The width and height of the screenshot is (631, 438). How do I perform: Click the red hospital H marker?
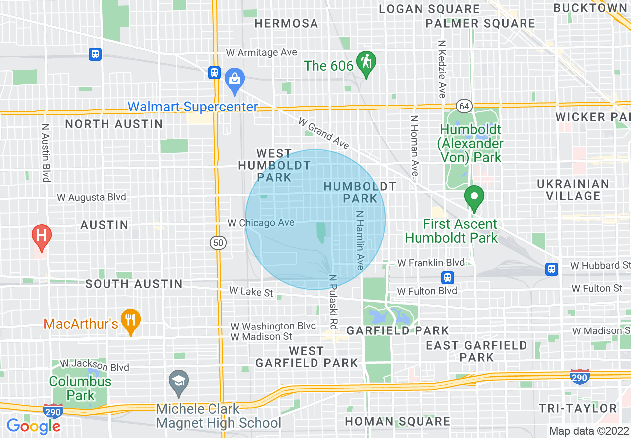coord(42,237)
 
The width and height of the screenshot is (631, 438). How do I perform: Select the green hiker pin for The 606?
coord(367,64)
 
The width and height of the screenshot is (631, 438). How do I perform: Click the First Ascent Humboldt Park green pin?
coord(474,197)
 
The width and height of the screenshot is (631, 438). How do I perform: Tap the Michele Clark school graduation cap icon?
coord(178,381)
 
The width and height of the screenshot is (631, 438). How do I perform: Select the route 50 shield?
coord(218,243)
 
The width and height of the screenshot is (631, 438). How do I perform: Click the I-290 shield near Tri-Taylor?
coord(580,377)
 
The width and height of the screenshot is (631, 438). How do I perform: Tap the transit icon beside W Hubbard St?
coord(551,269)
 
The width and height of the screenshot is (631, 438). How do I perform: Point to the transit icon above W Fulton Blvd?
coord(448,277)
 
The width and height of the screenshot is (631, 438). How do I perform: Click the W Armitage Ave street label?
coord(261,53)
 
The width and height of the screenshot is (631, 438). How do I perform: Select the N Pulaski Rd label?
coord(333,302)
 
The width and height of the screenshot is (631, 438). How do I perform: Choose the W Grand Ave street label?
coord(323,133)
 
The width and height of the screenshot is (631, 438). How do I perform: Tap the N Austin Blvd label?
coord(46,153)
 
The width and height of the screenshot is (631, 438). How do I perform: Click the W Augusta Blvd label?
coord(92,197)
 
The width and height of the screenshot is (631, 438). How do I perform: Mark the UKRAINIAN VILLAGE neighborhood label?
coord(573,190)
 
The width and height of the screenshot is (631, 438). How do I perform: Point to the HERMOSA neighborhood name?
coord(286,23)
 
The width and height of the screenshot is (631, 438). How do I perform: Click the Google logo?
coord(33,426)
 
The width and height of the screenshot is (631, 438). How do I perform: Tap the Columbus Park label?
coord(80,389)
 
